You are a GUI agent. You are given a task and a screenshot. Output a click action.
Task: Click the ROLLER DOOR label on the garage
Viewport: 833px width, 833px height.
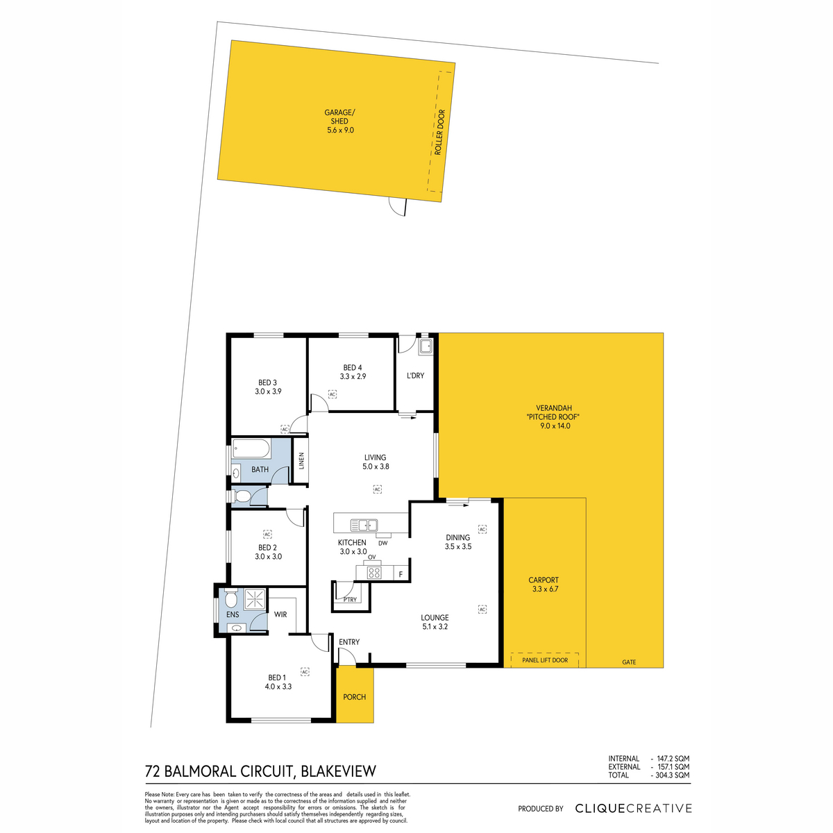[439, 133]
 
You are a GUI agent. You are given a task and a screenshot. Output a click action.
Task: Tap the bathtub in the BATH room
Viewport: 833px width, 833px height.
[251, 449]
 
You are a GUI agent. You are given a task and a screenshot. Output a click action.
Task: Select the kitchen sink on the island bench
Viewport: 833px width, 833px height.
[364, 525]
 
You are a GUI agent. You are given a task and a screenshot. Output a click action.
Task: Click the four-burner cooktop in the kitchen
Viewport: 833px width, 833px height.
[374, 573]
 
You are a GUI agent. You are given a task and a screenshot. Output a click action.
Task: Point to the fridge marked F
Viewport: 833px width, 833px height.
[401, 575]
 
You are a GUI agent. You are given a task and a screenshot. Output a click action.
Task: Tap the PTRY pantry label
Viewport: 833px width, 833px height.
[350, 600]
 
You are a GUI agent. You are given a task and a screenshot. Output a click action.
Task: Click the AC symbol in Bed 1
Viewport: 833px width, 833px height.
[305, 672]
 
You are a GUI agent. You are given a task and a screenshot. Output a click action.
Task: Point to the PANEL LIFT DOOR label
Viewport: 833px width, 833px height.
[545, 660]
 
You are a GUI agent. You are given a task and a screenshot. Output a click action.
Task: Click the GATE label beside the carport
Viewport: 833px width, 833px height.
[629, 662]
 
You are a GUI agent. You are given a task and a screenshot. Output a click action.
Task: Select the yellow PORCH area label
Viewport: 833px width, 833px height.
[355, 697]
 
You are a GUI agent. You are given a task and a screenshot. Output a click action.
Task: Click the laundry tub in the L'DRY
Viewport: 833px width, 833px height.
[426, 347]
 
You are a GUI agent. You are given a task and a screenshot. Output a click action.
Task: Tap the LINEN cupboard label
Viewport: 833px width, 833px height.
[302, 460]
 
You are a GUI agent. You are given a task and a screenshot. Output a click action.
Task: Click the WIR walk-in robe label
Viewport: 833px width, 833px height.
[280, 614]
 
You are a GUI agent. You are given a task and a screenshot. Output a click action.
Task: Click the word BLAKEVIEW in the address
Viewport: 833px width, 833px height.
[338, 771]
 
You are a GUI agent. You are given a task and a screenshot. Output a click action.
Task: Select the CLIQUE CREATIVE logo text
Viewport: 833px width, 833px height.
[633, 808]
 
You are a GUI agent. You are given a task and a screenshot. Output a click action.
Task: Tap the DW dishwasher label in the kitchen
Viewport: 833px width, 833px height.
[383, 543]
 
